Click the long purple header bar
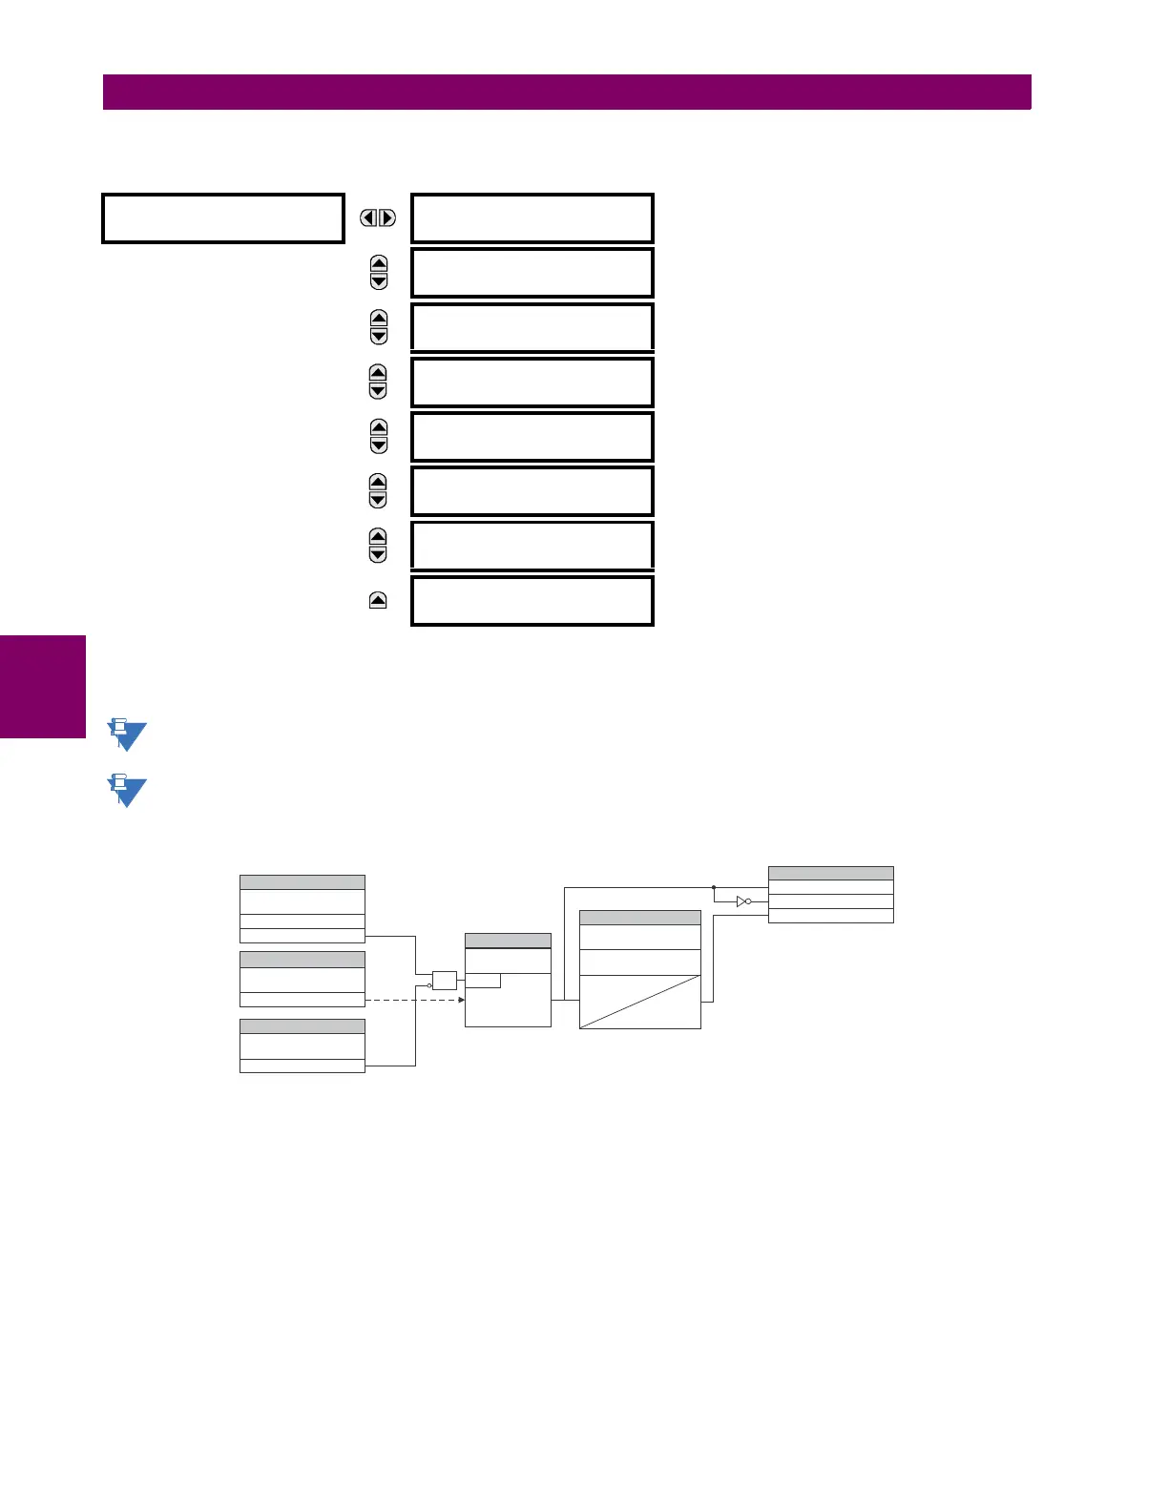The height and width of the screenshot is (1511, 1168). pyautogui.click(x=567, y=93)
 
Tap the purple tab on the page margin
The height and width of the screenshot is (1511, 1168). pyautogui.click(x=43, y=687)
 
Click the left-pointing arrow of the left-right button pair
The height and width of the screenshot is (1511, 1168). pyautogui.click(x=368, y=218)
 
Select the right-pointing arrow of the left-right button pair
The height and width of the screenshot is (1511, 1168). pyautogui.click(x=386, y=218)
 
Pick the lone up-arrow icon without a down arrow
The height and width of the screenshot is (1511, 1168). pyautogui.click(x=378, y=601)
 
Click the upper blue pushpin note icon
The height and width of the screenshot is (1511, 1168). pyautogui.click(x=126, y=735)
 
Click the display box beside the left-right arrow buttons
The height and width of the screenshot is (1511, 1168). pyautogui.click(x=532, y=218)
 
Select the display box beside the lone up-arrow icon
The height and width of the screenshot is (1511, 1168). pyautogui.click(x=532, y=601)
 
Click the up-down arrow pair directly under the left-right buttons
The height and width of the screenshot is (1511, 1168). pyautogui.click(x=379, y=273)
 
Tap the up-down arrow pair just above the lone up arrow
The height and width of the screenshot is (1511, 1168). pyautogui.click(x=378, y=546)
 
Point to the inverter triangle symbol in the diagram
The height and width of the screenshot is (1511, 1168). pyautogui.click(x=743, y=901)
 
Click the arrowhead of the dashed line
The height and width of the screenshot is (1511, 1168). pyautogui.click(x=461, y=1000)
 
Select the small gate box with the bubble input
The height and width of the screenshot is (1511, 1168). pyautogui.click(x=445, y=980)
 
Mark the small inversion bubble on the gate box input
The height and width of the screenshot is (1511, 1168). pyautogui.click(x=430, y=984)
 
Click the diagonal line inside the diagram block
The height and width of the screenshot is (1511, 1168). pyautogui.click(x=640, y=1002)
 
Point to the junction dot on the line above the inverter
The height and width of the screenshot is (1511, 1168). pyautogui.click(x=714, y=887)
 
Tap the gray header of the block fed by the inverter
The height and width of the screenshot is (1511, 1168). pyautogui.click(x=830, y=873)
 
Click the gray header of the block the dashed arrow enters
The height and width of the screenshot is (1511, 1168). pyautogui.click(x=508, y=941)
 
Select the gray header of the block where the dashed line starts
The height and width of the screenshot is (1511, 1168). pyautogui.click(x=302, y=959)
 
